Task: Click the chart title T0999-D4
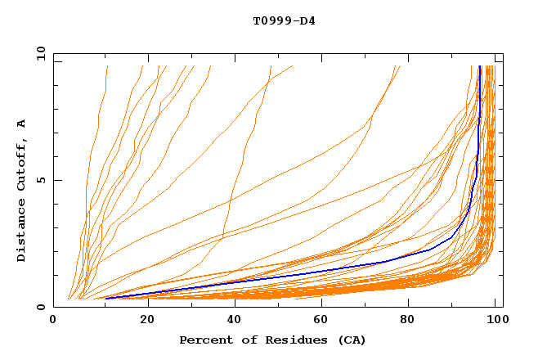coord(284,20)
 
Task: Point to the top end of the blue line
coord(480,66)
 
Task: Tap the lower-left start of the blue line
coord(105,299)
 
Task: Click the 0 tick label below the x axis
coord(53,320)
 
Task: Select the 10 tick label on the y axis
coord(40,53)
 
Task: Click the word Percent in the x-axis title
coord(205,340)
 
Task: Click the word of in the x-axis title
coord(244,340)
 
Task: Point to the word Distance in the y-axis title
coord(21,231)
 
